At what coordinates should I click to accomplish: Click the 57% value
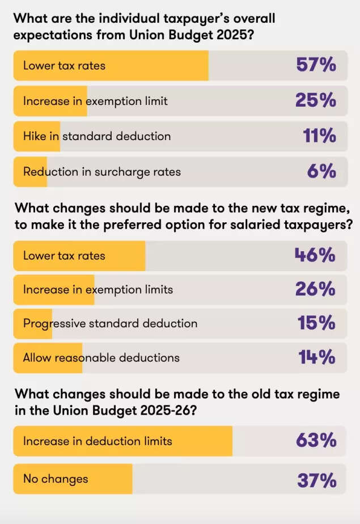[316, 65]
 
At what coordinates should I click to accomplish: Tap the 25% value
[316, 101]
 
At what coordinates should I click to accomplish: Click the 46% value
[315, 255]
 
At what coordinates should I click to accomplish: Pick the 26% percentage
[316, 290]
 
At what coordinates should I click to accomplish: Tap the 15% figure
[317, 323]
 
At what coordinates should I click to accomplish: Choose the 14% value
[317, 357]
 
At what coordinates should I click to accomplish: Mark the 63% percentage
[316, 441]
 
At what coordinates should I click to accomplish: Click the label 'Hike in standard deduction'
[97, 136]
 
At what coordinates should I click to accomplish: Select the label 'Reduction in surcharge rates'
[102, 171]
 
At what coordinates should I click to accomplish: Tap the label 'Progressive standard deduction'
[110, 323]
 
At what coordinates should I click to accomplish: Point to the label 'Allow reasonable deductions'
[101, 357]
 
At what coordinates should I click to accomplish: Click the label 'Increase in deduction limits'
[98, 441]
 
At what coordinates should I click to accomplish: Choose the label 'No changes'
[56, 479]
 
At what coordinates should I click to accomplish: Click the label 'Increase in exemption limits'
[98, 290]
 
